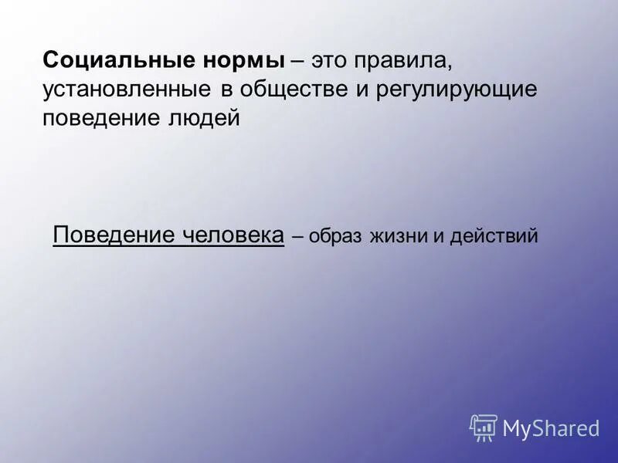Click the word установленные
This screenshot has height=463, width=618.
point(127,90)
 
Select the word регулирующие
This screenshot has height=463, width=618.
point(457,90)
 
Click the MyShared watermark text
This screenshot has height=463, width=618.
point(551,427)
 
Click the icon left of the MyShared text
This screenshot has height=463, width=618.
point(483,427)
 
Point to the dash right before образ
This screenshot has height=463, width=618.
point(297,236)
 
